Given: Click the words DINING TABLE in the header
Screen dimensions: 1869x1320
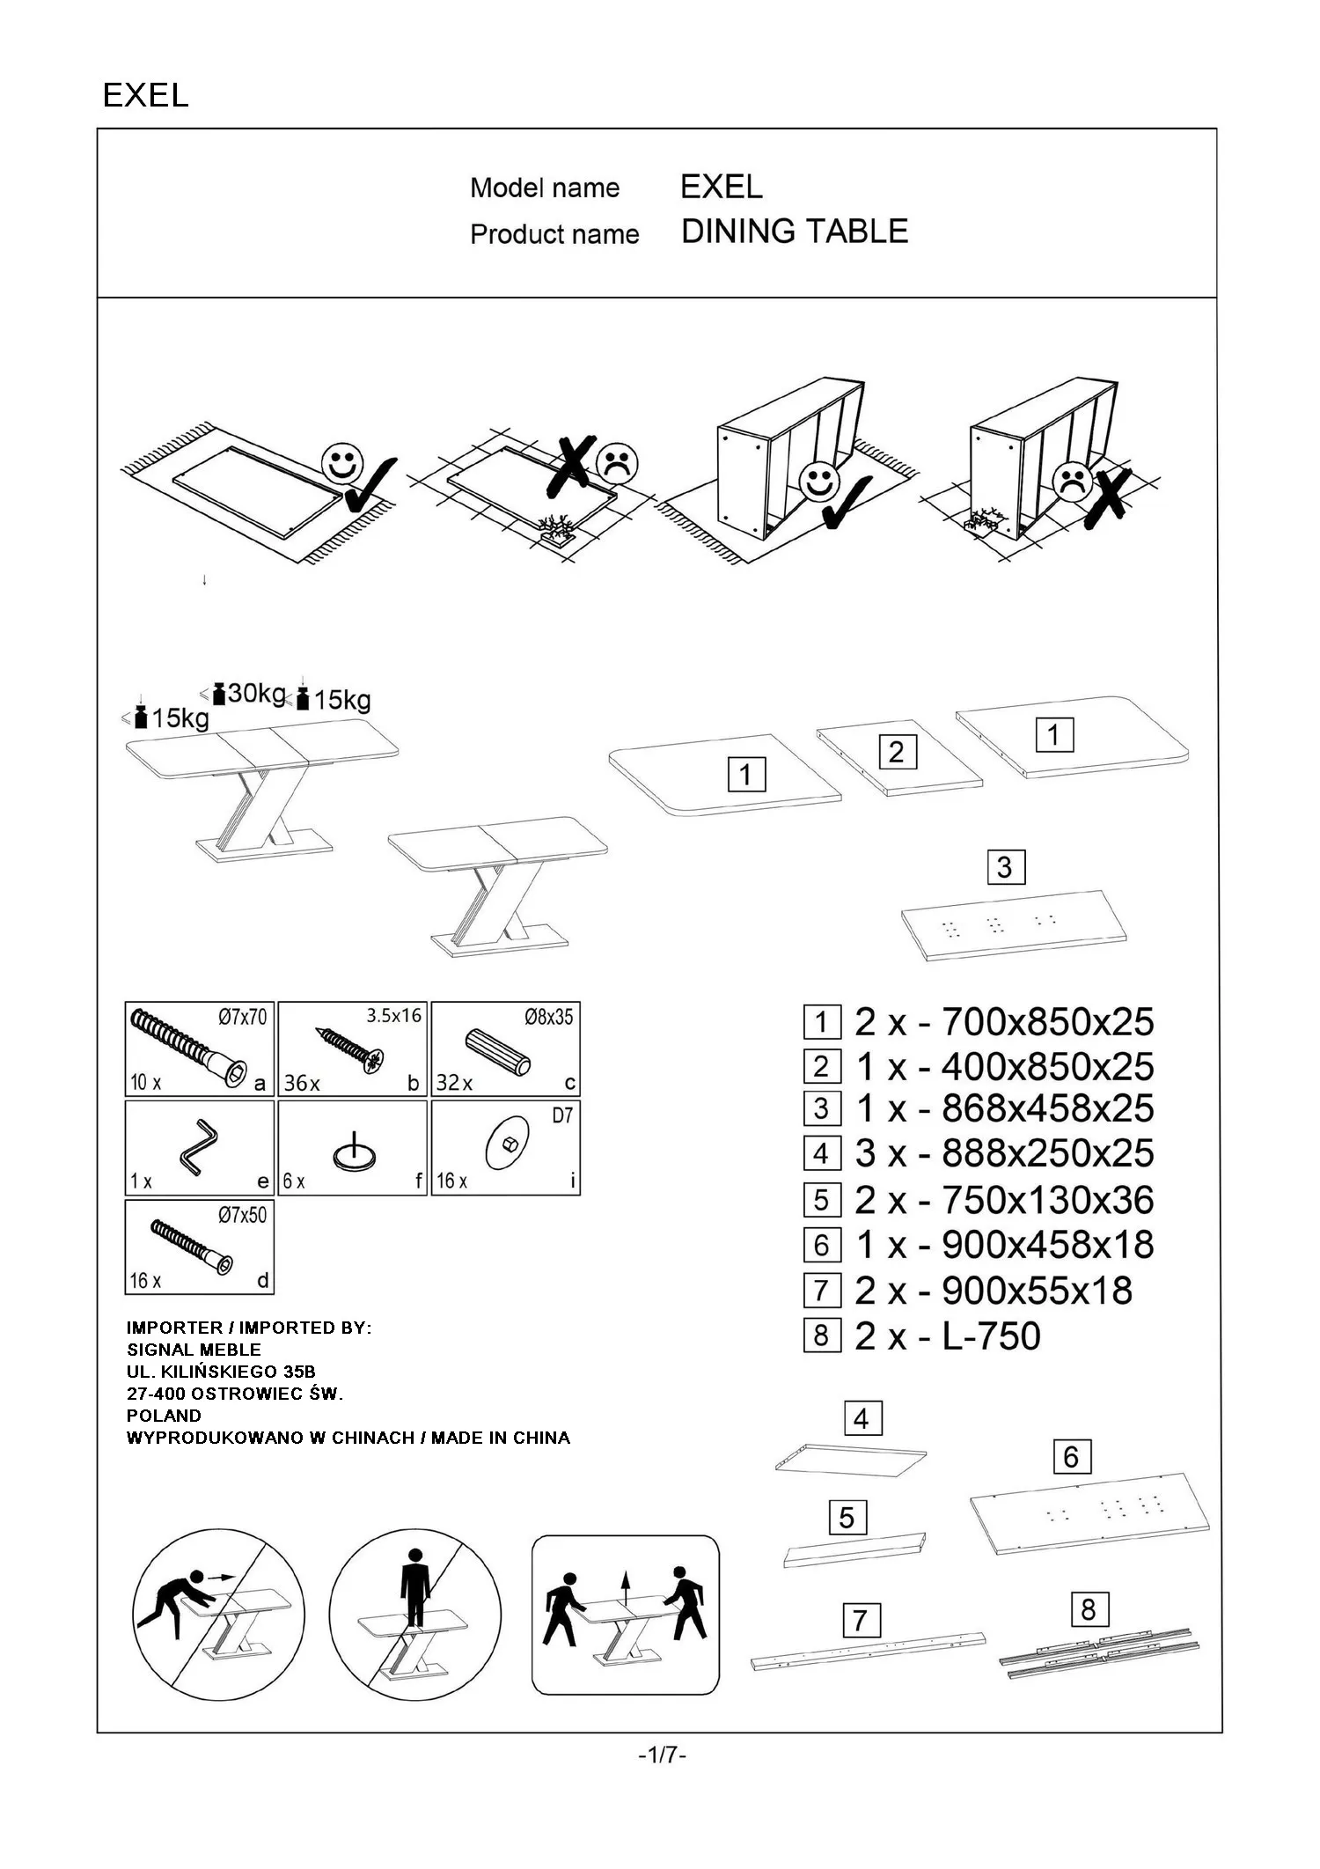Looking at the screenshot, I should [x=794, y=232].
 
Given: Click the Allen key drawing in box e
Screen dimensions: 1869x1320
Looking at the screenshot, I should [x=199, y=1147].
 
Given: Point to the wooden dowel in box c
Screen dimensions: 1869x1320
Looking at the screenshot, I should [x=498, y=1051].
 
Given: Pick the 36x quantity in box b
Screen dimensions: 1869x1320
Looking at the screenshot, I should [x=301, y=1083].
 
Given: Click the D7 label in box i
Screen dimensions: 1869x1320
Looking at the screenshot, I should [x=561, y=1116].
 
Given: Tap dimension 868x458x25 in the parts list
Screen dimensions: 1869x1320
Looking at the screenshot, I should [x=1047, y=1108].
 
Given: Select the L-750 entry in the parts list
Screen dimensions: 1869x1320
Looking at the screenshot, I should [x=991, y=1336].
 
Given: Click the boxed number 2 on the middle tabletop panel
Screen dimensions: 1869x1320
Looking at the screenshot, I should [x=896, y=752].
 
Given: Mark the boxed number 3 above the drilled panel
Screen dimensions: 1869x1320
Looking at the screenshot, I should [x=1004, y=867].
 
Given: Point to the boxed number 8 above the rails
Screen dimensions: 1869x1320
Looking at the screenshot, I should [x=1089, y=1610].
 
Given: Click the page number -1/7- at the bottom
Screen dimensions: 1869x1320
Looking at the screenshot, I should [x=662, y=1755].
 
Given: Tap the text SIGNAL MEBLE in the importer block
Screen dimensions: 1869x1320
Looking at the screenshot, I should [x=194, y=1350].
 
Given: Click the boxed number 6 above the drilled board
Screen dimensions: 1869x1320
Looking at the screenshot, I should [x=1071, y=1457].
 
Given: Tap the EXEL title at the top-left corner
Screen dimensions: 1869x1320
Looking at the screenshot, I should [x=145, y=95].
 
